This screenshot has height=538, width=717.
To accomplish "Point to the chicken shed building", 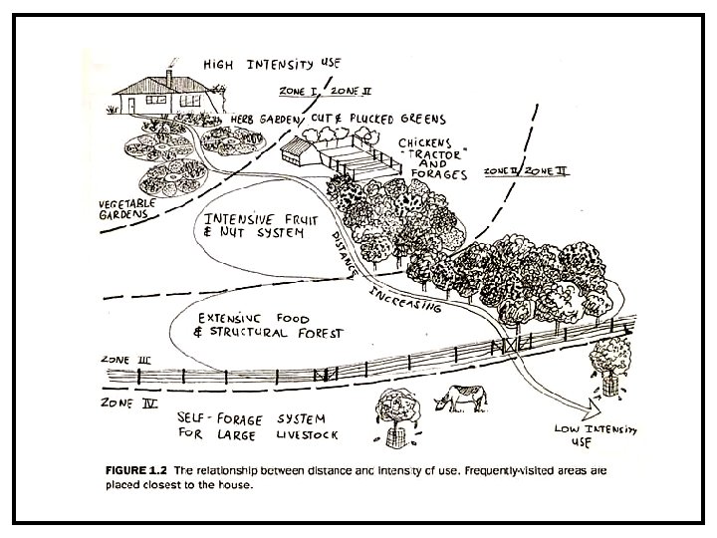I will point(308,153).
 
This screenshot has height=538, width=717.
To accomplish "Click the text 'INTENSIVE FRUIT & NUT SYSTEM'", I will point(256,228).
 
